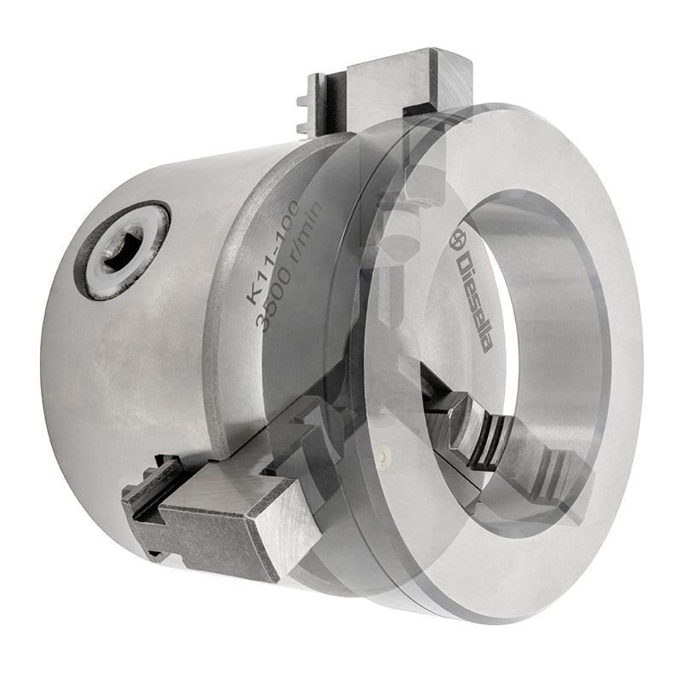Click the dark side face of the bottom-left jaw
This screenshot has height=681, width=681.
[x=217, y=543]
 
